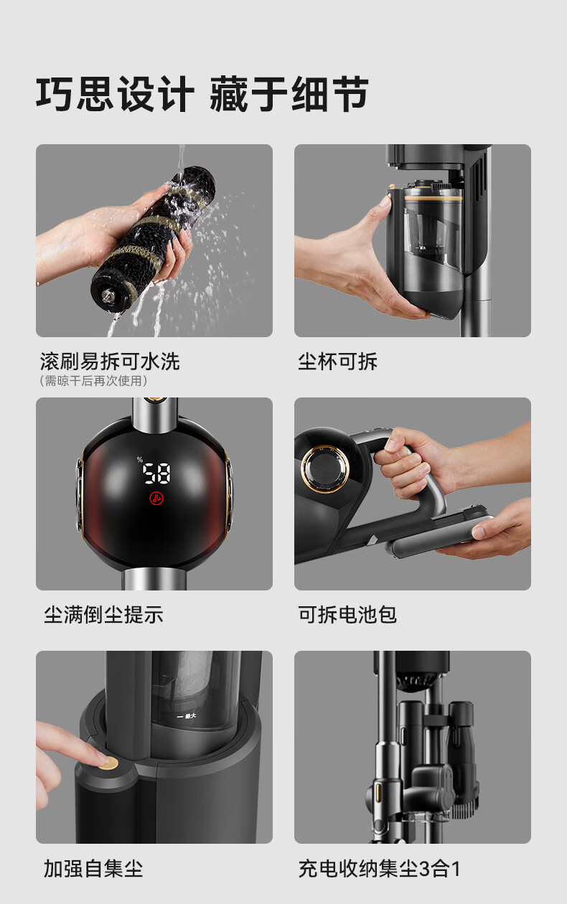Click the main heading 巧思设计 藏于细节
[x=202, y=94]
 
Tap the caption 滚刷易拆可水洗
[x=110, y=361]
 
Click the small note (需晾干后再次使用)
[x=93, y=380]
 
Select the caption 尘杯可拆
[x=337, y=361]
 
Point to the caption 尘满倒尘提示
[x=104, y=615]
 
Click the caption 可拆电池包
[x=347, y=615]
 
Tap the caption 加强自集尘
[x=93, y=868]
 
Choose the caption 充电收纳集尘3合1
[x=379, y=868]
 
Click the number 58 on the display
[x=156, y=473]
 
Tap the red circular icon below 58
[x=156, y=499]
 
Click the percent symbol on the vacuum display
[x=140, y=459]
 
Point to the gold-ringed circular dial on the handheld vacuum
[x=325, y=469]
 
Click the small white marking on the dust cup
[x=187, y=716]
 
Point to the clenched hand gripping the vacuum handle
[x=408, y=464]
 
